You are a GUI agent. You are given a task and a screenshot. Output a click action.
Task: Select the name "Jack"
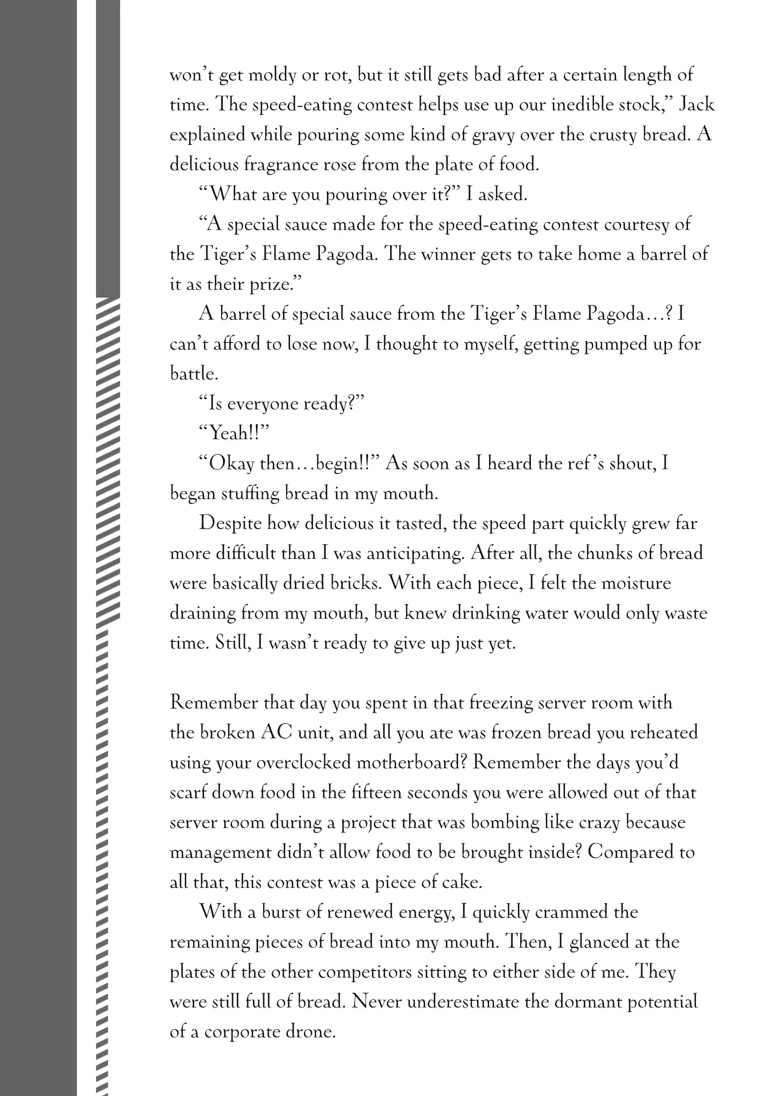click(x=696, y=105)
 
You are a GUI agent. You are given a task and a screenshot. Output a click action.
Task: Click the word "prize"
click(x=273, y=284)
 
